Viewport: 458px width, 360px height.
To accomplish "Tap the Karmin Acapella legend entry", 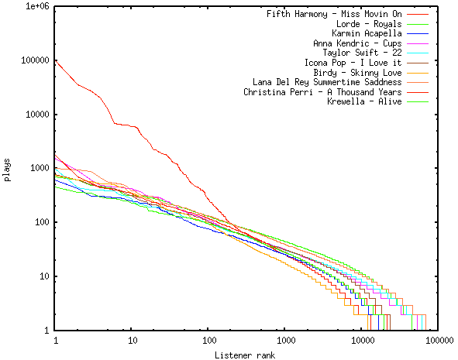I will coord(367,34).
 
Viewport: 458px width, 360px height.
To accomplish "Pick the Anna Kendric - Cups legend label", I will coord(357,44).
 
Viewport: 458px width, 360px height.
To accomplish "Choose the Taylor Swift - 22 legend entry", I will coord(362,53).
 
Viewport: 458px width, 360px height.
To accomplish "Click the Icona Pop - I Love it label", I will coord(353,63).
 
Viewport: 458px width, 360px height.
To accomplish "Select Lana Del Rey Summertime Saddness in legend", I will coord(327,82).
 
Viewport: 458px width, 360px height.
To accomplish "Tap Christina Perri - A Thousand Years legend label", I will coord(322,92).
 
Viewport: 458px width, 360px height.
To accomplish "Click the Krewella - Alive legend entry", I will coord(364,101).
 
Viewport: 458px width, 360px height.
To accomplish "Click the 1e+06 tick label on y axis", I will coord(36,6).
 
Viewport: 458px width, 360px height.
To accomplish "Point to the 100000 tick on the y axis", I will coord(34,60).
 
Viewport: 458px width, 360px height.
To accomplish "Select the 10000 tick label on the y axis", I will coord(36,115).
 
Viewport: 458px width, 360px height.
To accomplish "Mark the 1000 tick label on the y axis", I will coord(39,169).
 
